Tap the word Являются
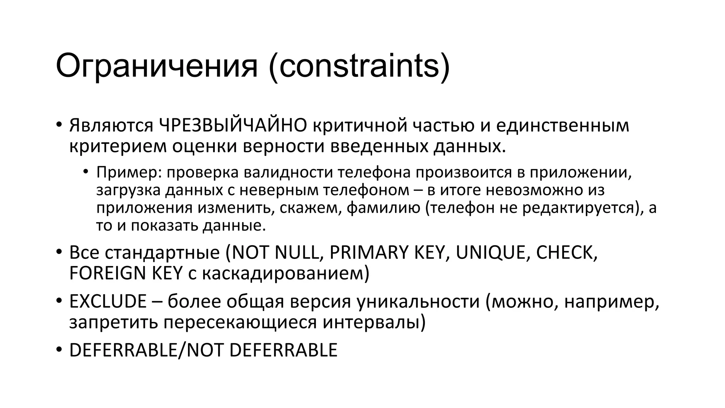111,125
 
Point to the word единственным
562,125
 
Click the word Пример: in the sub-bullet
129,172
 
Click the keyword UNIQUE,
493,253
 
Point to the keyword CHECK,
567,253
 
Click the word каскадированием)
286,273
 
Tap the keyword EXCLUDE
108,301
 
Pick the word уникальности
418,301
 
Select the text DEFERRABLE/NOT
146,350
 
